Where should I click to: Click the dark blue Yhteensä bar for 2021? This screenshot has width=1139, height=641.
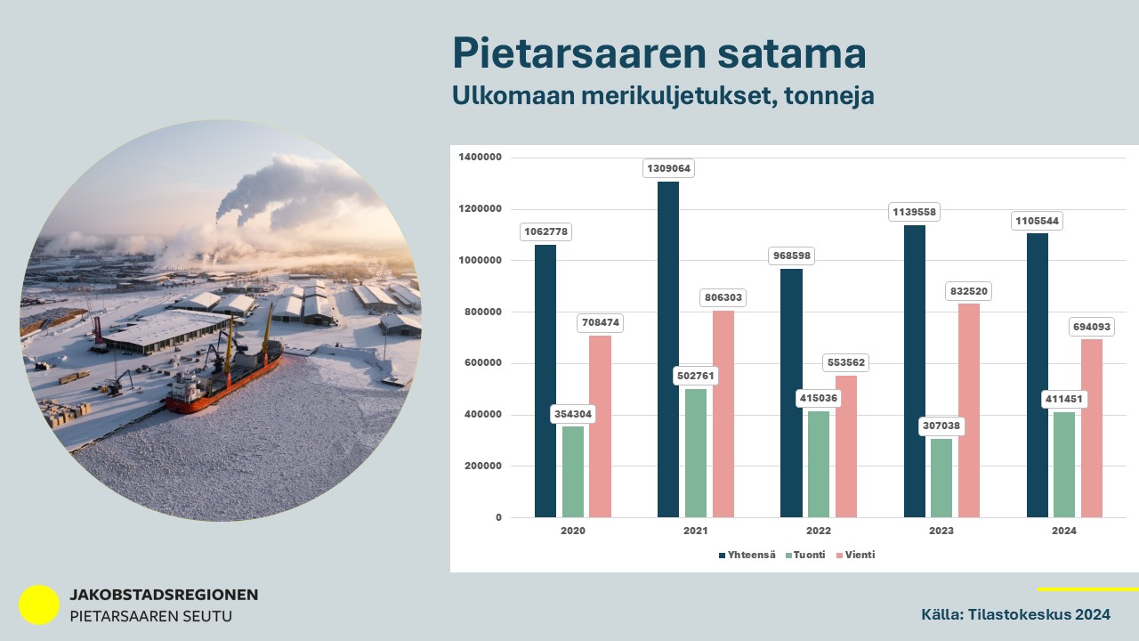(668, 350)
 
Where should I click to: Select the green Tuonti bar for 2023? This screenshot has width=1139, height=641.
(941, 478)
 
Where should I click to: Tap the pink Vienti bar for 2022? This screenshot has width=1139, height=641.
(846, 447)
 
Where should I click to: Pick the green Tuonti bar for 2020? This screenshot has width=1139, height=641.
(573, 472)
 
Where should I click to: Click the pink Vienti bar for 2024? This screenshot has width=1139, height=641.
(1092, 428)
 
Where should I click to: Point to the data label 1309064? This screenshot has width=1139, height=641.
(668, 168)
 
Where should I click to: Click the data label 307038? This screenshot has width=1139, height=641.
(941, 426)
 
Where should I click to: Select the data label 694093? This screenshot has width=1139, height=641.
(1092, 327)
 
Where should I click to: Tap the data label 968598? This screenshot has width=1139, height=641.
(792, 256)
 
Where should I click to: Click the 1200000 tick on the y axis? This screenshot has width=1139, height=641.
(480, 208)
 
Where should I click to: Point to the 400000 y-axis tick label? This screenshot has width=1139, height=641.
(483, 415)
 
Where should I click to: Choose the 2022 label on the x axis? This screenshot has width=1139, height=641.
(819, 531)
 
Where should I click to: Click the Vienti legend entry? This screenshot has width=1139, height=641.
(856, 555)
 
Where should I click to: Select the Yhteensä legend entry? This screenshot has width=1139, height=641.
(747, 555)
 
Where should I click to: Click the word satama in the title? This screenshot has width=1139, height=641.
(792, 53)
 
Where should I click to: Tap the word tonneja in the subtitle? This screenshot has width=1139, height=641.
(829, 95)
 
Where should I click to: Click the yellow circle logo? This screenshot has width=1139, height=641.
(39, 604)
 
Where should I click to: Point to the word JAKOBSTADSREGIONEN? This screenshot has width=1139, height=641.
(164, 595)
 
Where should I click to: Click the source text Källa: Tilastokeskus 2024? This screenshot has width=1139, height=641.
(1015, 614)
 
